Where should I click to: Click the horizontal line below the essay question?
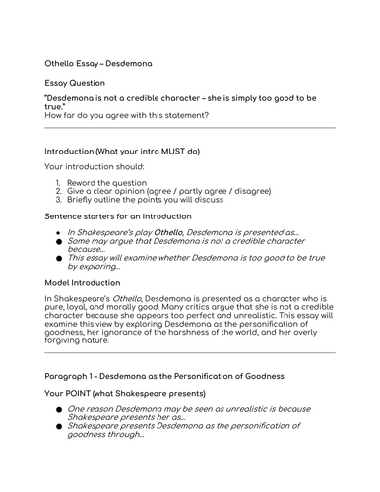point(190,128)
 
